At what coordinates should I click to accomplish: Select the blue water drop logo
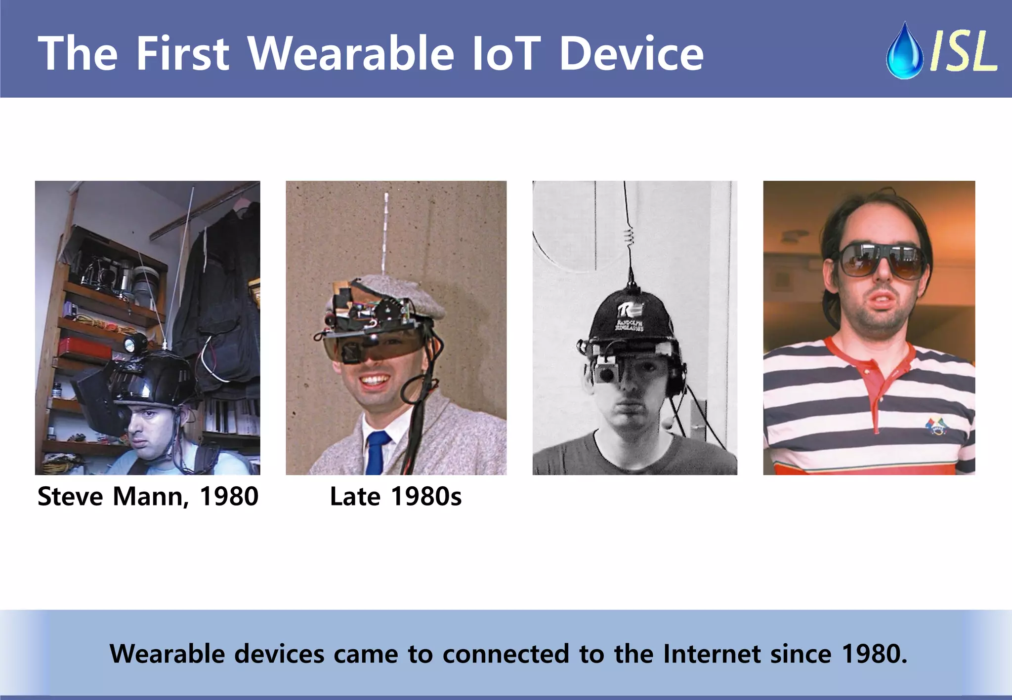click(x=904, y=52)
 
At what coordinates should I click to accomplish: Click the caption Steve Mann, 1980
click(x=148, y=496)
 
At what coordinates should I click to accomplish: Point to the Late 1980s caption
click(x=395, y=496)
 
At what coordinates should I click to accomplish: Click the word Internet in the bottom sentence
click(x=711, y=654)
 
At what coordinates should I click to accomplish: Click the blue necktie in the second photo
click(x=377, y=452)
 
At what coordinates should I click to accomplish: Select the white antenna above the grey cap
click(x=386, y=232)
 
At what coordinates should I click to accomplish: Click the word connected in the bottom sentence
click(x=506, y=654)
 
